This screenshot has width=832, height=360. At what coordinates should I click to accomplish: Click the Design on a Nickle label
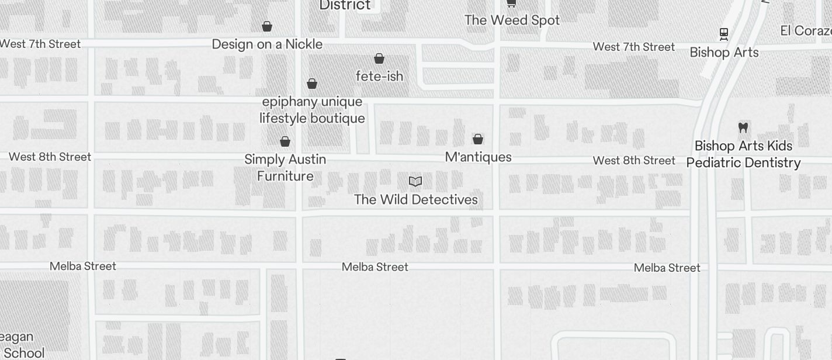267,44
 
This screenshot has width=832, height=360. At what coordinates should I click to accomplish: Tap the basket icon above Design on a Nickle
267,26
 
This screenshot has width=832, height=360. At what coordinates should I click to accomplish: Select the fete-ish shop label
379,76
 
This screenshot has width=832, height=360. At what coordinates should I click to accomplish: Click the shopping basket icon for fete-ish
379,58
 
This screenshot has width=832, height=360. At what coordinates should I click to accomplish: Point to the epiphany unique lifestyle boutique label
312,110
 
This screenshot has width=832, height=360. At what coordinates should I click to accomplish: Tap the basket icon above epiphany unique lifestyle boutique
312,84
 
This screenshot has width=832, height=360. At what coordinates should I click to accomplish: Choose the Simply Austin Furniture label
285,168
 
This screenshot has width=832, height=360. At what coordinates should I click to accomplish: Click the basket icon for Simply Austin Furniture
285,141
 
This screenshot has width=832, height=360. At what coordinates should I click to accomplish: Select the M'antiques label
478,157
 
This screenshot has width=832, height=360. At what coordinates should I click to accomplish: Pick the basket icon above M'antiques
478,139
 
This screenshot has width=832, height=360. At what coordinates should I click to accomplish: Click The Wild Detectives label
415,200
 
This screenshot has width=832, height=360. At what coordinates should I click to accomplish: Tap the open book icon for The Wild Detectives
415,182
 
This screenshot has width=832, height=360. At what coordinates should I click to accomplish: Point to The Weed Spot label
512,20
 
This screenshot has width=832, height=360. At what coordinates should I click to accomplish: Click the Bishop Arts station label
724,53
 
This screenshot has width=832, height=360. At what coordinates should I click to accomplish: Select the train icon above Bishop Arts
724,34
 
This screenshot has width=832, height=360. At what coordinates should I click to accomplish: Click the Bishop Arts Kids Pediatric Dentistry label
743,154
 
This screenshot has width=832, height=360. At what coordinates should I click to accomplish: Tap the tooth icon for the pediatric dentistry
743,127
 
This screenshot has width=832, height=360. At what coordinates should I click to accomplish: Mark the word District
345,5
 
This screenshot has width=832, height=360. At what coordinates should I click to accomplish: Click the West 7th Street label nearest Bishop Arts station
634,47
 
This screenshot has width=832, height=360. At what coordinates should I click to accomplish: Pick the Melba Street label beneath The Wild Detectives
375,267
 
